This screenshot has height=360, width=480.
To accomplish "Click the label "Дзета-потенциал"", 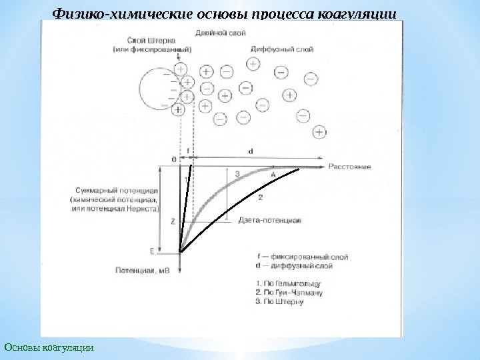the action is [x=270, y=219].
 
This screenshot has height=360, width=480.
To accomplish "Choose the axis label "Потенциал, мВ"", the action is [x=142, y=271].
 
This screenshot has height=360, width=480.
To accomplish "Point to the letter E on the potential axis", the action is [x=152, y=251].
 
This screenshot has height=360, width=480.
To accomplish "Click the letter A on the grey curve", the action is [x=273, y=173].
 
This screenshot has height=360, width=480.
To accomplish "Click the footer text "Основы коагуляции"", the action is [x=49, y=347].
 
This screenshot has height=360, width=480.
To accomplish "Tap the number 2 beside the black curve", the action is [x=260, y=197].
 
